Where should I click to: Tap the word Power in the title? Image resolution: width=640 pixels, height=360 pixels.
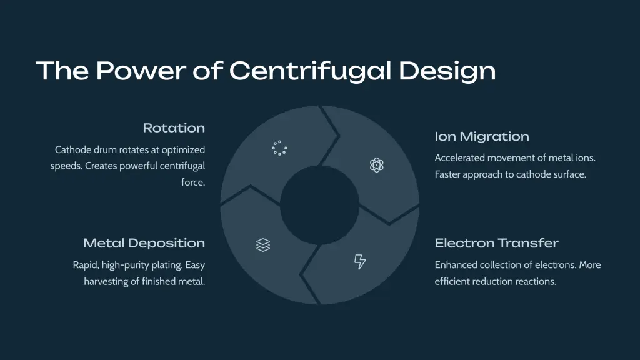click(x=141, y=71)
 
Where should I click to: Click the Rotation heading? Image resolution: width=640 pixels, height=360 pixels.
click(x=174, y=127)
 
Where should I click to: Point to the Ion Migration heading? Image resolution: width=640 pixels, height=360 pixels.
click(x=482, y=136)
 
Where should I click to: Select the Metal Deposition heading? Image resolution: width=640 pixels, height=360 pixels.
click(x=144, y=243)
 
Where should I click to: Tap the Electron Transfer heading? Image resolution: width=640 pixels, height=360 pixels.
click(x=496, y=243)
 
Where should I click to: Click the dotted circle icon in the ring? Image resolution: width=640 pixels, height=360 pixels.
click(x=279, y=147)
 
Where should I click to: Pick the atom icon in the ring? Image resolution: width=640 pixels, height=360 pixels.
click(x=376, y=165)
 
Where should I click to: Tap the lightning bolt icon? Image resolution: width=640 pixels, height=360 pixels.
click(x=359, y=262)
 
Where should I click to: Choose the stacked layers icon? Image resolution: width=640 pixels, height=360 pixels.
click(x=263, y=245)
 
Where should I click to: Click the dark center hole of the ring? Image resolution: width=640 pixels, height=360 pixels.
click(x=319, y=205)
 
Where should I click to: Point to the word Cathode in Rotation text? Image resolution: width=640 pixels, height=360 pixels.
click(x=73, y=150)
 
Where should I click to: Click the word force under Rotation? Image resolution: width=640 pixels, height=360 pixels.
click(x=193, y=182)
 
